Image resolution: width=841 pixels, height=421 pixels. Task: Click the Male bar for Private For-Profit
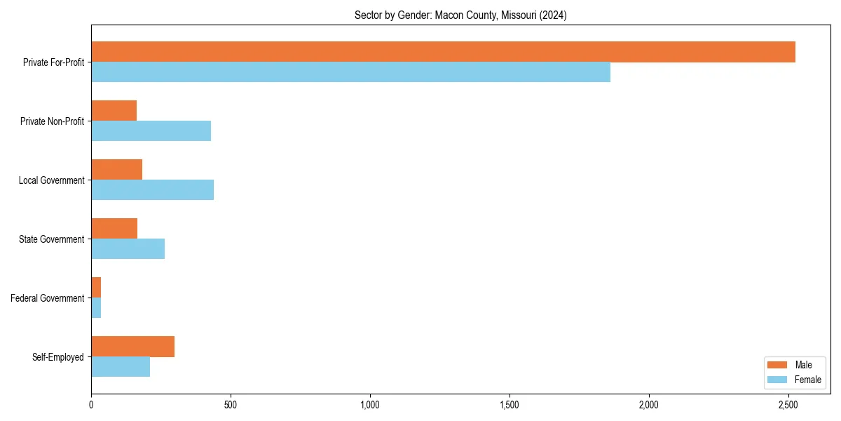tap(443, 52)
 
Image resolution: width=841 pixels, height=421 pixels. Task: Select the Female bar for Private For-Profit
tap(350, 72)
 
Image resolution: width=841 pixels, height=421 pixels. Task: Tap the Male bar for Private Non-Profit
tap(114, 111)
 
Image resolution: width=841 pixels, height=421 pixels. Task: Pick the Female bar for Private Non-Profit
tap(151, 131)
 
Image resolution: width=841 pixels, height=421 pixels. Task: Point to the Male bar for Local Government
tap(116, 170)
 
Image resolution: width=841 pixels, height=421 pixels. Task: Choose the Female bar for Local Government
tap(152, 190)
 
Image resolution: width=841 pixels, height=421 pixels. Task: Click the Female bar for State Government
tap(128, 249)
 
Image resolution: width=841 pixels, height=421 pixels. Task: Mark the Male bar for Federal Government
tap(96, 288)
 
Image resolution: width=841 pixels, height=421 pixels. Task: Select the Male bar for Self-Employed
tap(132, 347)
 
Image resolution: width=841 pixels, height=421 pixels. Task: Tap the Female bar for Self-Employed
tap(121, 367)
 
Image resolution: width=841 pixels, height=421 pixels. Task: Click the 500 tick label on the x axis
tap(230, 405)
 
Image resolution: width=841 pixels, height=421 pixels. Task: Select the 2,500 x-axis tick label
tap(788, 405)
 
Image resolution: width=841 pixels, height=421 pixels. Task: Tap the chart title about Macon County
tap(460, 15)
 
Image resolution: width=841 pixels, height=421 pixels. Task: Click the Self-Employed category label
tap(58, 357)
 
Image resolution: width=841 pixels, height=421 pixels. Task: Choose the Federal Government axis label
tap(48, 298)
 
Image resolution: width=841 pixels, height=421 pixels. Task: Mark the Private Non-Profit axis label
tap(53, 121)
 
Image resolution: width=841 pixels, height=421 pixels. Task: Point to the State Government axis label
tap(52, 239)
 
